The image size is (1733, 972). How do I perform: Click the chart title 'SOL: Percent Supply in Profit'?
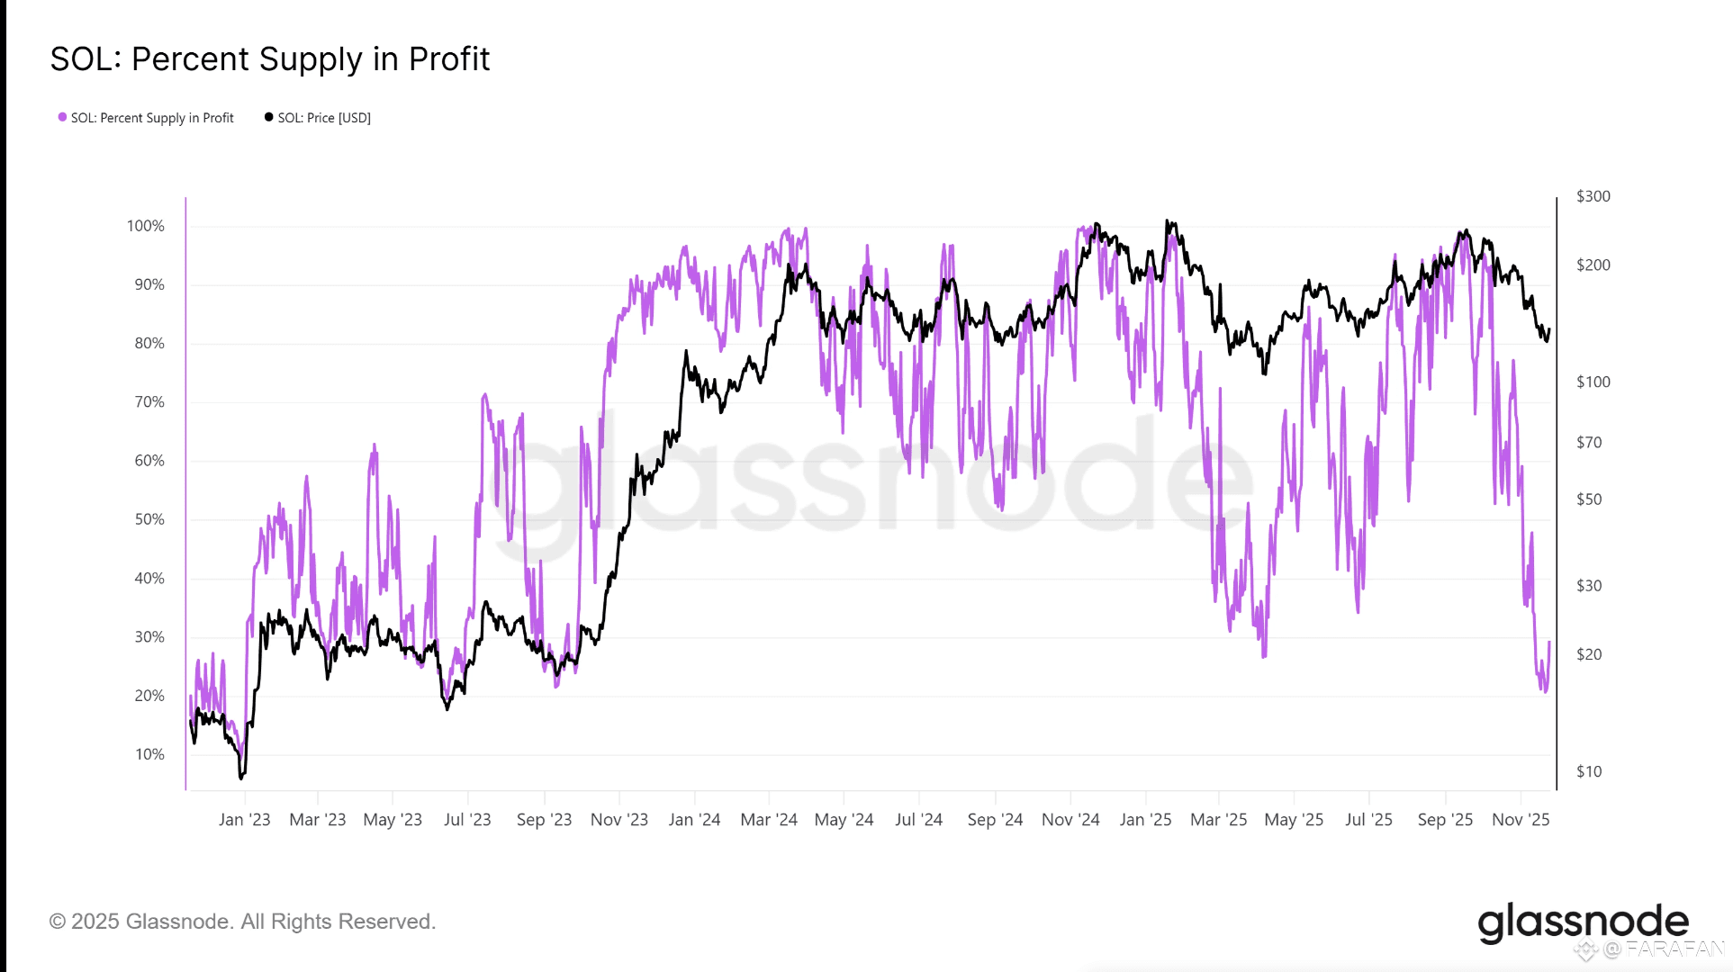click(x=269, y=59)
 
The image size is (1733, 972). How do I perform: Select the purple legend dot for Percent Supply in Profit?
click(x=62, y=117)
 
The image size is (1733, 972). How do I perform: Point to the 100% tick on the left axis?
click(x=146, y=226)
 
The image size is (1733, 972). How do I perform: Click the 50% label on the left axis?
click(x=149, y=519)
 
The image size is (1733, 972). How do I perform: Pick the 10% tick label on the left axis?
click(x=149, y=754)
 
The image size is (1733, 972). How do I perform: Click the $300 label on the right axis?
click(x=1593, y=196)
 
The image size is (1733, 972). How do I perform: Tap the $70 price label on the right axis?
click(x=1589, y=442)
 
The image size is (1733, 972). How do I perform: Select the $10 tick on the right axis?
click(x=1589, y=771)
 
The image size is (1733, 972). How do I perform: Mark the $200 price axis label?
click(x=1593, y=265)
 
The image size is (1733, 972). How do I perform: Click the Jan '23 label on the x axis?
click(x=244, y=820)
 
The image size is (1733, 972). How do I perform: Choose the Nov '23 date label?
click(x=619, y=820)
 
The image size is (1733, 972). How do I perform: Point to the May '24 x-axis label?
click(x=844, y=820)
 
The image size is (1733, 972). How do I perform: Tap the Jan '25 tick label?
click(x=1145, y=820)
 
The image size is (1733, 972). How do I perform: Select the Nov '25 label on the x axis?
click(x=1521, y=820)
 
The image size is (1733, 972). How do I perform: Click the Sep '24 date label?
click(x=995, y=820)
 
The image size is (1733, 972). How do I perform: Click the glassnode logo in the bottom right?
click(x=1583, y=922)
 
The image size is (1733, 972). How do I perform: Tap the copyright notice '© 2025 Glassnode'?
click(x=242, y=922)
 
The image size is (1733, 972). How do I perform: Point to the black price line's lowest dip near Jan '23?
click(x=241, y=777)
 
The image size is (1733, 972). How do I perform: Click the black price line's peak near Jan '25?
click(x=1167, y=221)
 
